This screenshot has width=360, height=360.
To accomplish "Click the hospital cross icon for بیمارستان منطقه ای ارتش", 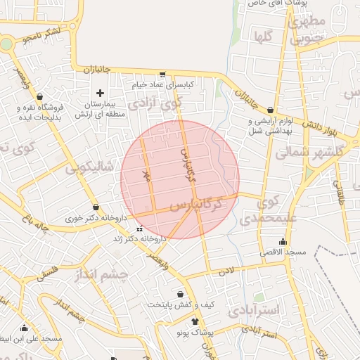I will coord(100,93).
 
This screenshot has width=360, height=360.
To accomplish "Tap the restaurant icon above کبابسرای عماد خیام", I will coord(163,74).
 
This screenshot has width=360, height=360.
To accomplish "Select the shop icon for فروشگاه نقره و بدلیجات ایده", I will coord(39,97).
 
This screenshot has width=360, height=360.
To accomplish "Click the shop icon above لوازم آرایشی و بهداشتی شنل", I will coord(271,110).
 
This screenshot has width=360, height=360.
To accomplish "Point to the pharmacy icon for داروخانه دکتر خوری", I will coord(96,207).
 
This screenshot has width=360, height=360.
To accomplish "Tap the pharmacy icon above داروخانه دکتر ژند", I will coord(139,229).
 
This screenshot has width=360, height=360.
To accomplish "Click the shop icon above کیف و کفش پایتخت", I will coord(181,295).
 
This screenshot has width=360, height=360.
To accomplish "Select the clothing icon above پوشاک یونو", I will coord(186,321).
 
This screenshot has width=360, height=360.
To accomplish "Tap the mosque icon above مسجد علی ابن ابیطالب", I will coord(24,328).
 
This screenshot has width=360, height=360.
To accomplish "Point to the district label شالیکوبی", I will coord(89,167).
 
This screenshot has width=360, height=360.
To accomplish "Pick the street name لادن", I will coord(226,270).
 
